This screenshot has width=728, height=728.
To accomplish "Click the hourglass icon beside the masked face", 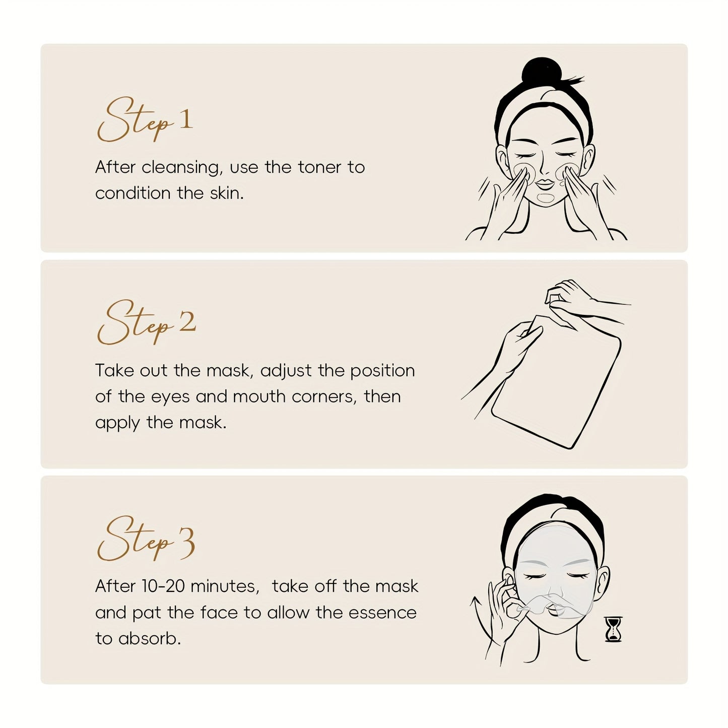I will click(613, 629).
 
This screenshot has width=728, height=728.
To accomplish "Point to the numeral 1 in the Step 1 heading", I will click(185, 119).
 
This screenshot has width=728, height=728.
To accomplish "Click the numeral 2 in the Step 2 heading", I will click(187, 322).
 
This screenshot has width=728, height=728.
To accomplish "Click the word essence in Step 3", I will click(382, 613).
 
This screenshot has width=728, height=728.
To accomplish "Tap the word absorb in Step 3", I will click(149, 639).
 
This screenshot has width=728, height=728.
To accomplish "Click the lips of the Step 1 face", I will click(544, 182).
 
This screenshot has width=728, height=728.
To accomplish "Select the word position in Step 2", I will click(382, 371).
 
